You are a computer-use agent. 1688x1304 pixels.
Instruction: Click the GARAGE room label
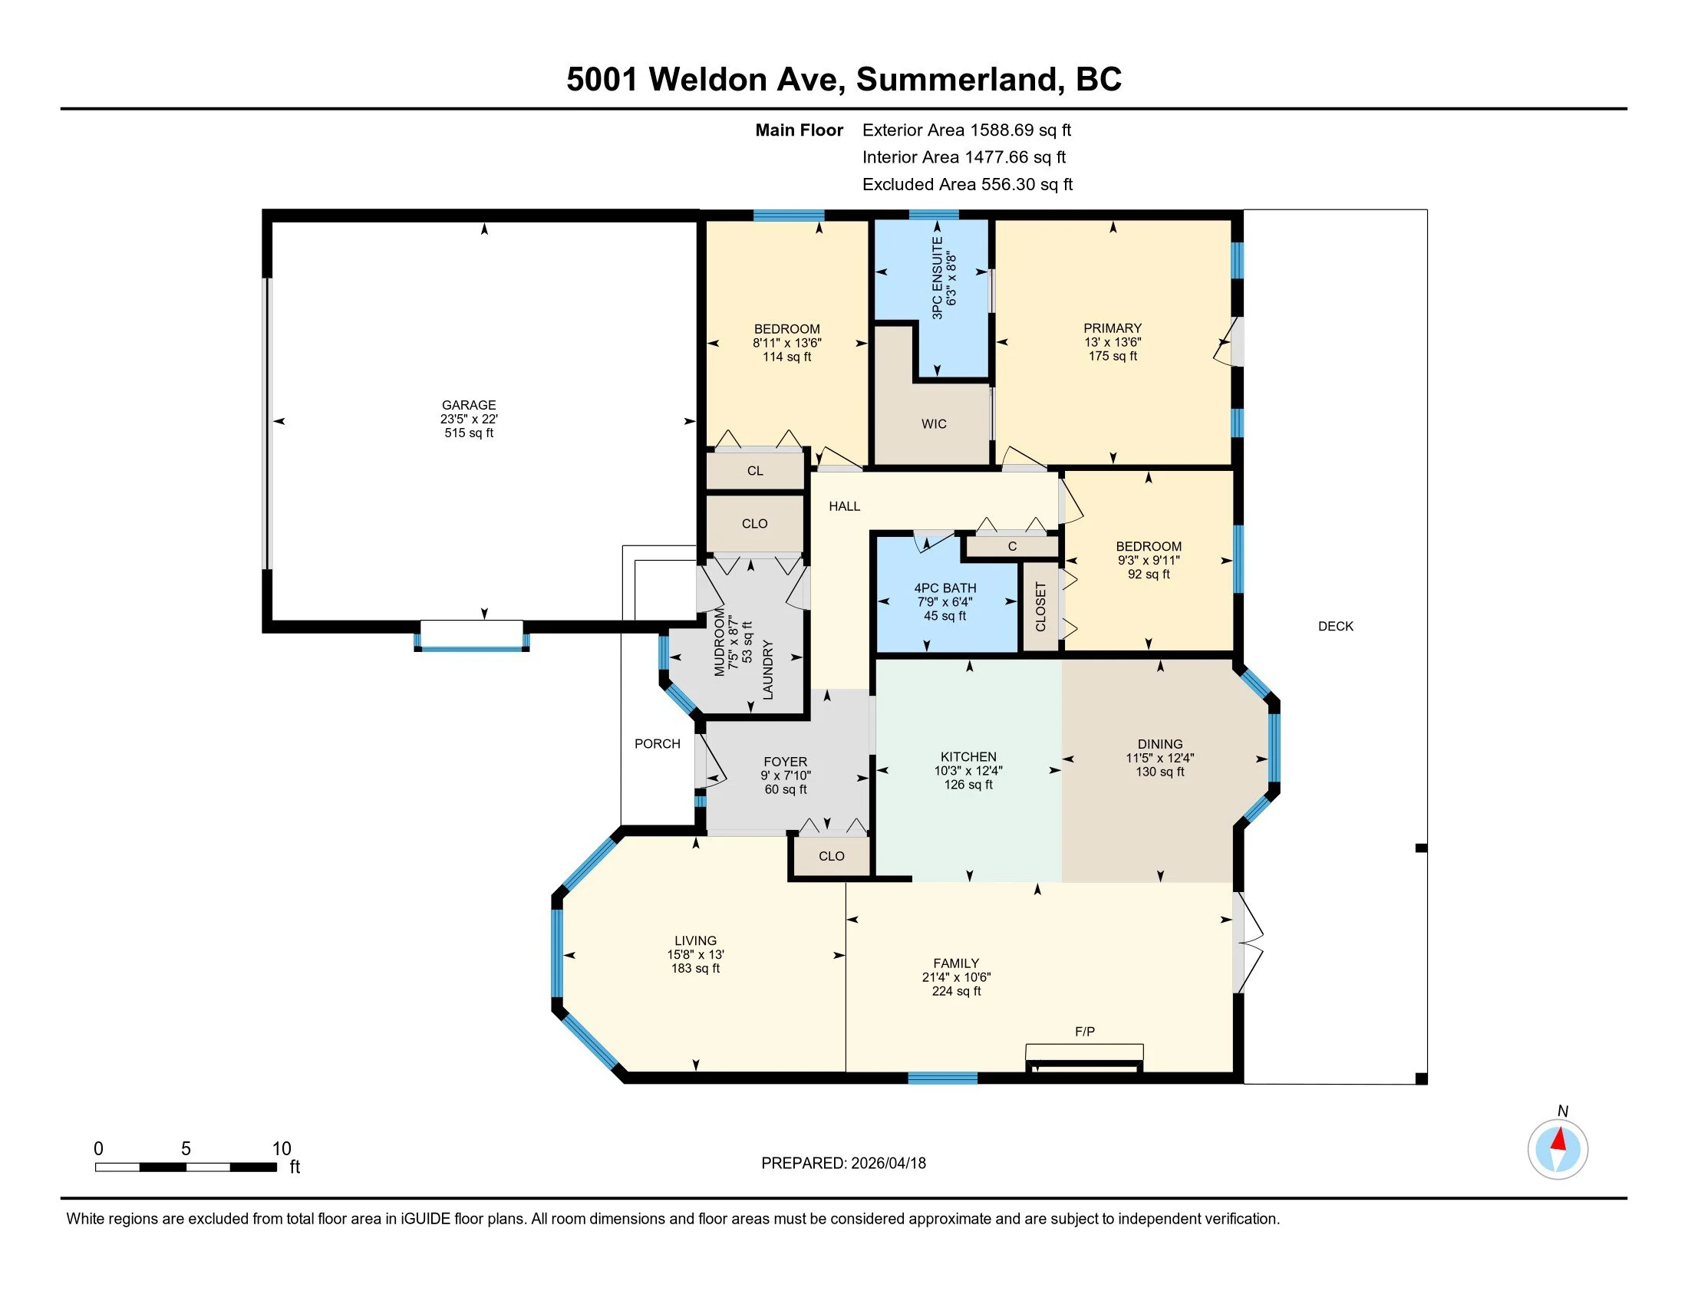[468, 405]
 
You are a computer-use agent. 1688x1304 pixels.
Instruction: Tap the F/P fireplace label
[1084, 1031]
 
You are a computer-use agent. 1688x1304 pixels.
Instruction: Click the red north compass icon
[1558, 1149]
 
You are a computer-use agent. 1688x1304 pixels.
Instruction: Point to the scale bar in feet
[186, 1167]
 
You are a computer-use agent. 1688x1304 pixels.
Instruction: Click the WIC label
[934, 424]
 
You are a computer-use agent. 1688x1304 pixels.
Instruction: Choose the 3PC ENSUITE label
[938, 278]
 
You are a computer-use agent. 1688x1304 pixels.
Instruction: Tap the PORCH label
[657, 744]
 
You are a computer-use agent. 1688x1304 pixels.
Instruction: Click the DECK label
[1336, 627]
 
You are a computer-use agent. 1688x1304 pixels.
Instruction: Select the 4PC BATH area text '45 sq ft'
[945, 617]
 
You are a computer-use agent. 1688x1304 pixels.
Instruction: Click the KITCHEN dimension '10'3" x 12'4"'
[968, 771]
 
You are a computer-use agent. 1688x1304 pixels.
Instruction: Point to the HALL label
[844, 507]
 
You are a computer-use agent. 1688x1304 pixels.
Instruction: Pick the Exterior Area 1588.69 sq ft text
[966, 130]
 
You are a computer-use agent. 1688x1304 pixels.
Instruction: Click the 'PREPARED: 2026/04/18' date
[843, 1164]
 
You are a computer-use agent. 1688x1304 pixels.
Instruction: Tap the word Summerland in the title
[957, 80]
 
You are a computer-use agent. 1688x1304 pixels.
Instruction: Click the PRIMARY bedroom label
[1113, 328]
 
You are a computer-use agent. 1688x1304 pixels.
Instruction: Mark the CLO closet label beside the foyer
[831, 856]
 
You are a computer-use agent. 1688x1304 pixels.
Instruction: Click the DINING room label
[1159, 745]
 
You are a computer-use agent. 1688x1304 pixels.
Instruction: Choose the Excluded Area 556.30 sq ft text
[967, 185]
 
